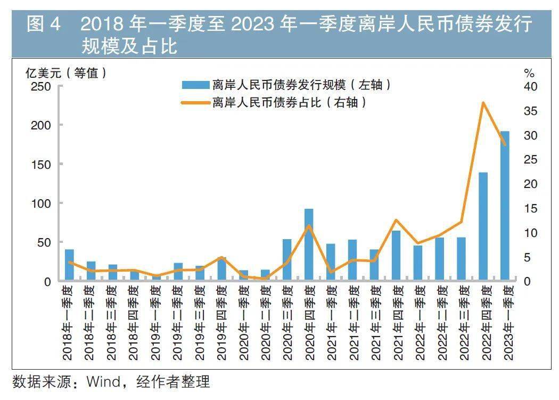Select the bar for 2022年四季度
(x=483, y=226)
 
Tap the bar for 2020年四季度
(x=309, y=244)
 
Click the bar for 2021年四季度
(x=396, y=256)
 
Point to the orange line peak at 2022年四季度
(x=482, y=102)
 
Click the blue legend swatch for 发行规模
(x=195, y=85)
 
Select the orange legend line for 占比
(x=195, y=103)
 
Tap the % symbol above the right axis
(x=529, y=73)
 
